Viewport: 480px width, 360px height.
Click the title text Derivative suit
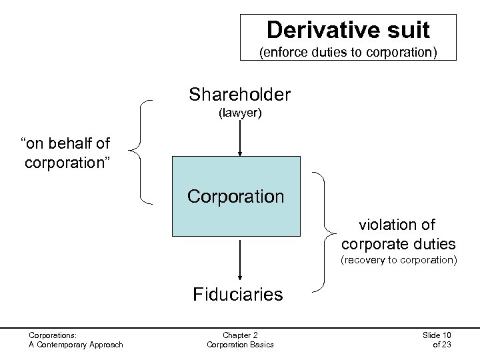(x=348, y=29)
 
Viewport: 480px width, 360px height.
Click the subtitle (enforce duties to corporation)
(x=348, y=50)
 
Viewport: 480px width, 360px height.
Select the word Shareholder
(x=239, y=95)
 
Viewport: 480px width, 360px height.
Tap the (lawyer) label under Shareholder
(x=240, y=113)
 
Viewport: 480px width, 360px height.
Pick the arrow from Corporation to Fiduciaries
(x=239, y=262)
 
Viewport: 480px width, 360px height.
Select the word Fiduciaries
(x=237, y=294)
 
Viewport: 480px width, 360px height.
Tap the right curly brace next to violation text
(x=327, y=231)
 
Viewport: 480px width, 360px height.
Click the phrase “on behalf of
(x=66, y=143)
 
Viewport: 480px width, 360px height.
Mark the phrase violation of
(x=397, y=225)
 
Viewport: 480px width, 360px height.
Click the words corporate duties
(x=398, y=243)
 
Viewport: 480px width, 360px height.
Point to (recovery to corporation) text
(x=399, y=259)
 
